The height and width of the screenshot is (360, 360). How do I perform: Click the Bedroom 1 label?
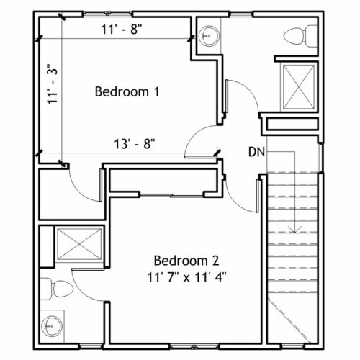pyautogui.click(x=127, y=91)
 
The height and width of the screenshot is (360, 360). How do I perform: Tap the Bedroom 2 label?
pyautogui.click(x=186, y=261)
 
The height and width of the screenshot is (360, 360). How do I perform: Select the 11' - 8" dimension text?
pyautogui.click(x=122, y=30)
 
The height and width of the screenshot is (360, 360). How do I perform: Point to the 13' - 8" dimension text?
pyautogui.click(x=135, y=144)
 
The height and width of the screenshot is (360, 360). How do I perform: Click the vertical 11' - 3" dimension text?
pyautogui.click(x=53, y=84)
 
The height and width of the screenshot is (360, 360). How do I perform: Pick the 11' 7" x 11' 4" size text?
pyautogui.click(x=186, y=278)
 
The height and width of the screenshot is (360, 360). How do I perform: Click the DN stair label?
pyautogui.click(x=256, y=152)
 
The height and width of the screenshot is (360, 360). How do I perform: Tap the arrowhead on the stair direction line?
pyautogui.click(x=294, y=230)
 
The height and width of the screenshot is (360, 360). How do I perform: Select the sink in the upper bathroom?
pyautogui.click(x=210, y=36)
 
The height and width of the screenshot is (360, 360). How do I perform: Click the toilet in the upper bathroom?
pyautogui.click(x=300, y=36)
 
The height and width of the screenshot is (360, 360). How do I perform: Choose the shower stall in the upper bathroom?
pyautogui.click(x=299, y=86)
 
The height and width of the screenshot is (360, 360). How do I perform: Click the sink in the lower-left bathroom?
pyautogui.click(x=51, y=326)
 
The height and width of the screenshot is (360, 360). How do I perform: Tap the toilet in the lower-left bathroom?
pyautogui.click(x=57, y=289)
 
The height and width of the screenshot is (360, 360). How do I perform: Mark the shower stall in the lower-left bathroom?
pyautogui.click(x=79, y=244)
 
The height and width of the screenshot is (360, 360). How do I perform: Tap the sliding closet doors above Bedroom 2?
pyautogui.click(x=171, y=195)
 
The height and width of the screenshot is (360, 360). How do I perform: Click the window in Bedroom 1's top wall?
pyautogui.click(x=107, y=14)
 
